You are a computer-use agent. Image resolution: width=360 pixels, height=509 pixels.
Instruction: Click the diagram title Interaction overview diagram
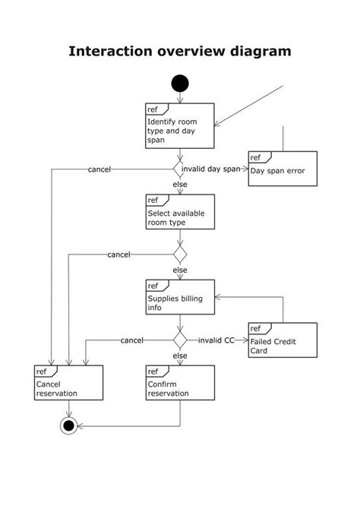180,52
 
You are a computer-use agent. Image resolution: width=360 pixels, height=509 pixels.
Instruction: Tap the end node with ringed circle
69,425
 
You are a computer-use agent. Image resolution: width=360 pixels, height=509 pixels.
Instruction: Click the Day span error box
283,168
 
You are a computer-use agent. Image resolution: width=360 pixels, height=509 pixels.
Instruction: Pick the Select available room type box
180,211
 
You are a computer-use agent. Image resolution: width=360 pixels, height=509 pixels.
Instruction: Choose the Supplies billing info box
180,297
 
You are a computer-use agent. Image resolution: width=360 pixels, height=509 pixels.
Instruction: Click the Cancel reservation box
68,382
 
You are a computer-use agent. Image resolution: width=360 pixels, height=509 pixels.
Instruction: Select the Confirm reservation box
180,382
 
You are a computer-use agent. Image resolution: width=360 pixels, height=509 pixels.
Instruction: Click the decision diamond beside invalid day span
180,169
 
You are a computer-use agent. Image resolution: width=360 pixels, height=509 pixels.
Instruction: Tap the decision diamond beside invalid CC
180,340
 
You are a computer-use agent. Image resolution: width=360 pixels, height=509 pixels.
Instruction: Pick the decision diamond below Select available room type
180,254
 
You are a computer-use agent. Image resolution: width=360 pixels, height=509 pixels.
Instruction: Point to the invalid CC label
216,340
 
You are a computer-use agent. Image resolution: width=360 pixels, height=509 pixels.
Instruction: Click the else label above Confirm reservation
180,356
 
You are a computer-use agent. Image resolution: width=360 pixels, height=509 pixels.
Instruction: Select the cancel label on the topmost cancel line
100,169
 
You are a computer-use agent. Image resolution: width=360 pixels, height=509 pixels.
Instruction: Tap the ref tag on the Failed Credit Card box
256,328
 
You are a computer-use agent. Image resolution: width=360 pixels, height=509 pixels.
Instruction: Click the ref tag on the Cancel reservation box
43,371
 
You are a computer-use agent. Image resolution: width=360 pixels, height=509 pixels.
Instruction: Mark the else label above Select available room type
180,185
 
